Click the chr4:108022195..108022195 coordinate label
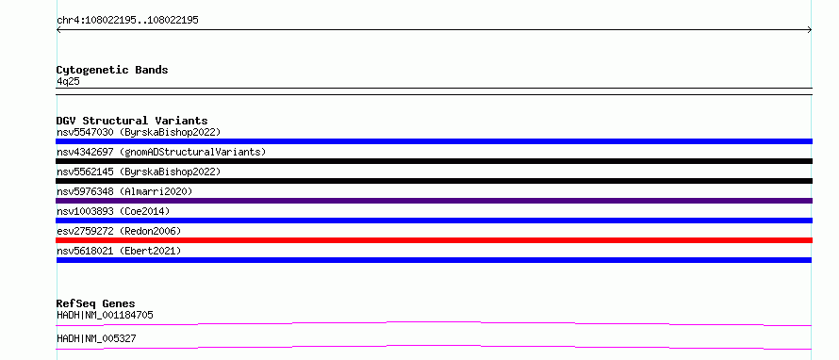(128, 21)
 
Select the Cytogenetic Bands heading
(112, 70)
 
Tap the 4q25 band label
(69, 81)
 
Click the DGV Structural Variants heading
(132, 121)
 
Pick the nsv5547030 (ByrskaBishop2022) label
(139, 132)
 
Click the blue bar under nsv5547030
(434, 141)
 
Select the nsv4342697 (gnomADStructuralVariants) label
(161, 152)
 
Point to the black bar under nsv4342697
(434, 161)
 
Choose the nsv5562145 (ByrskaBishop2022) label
(139, 172)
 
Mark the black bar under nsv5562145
(434, 181)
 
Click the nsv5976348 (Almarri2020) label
(124, 191)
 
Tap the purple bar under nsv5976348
(434, 201)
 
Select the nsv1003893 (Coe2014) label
(113, 211)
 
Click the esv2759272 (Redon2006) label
(119, 231)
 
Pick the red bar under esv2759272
(434, 240)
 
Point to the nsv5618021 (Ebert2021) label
(119, 251)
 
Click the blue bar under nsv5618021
(434, 260)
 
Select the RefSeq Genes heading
(96, 303)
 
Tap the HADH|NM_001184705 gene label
(105, 315)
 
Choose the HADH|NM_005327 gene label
(96, 338)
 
